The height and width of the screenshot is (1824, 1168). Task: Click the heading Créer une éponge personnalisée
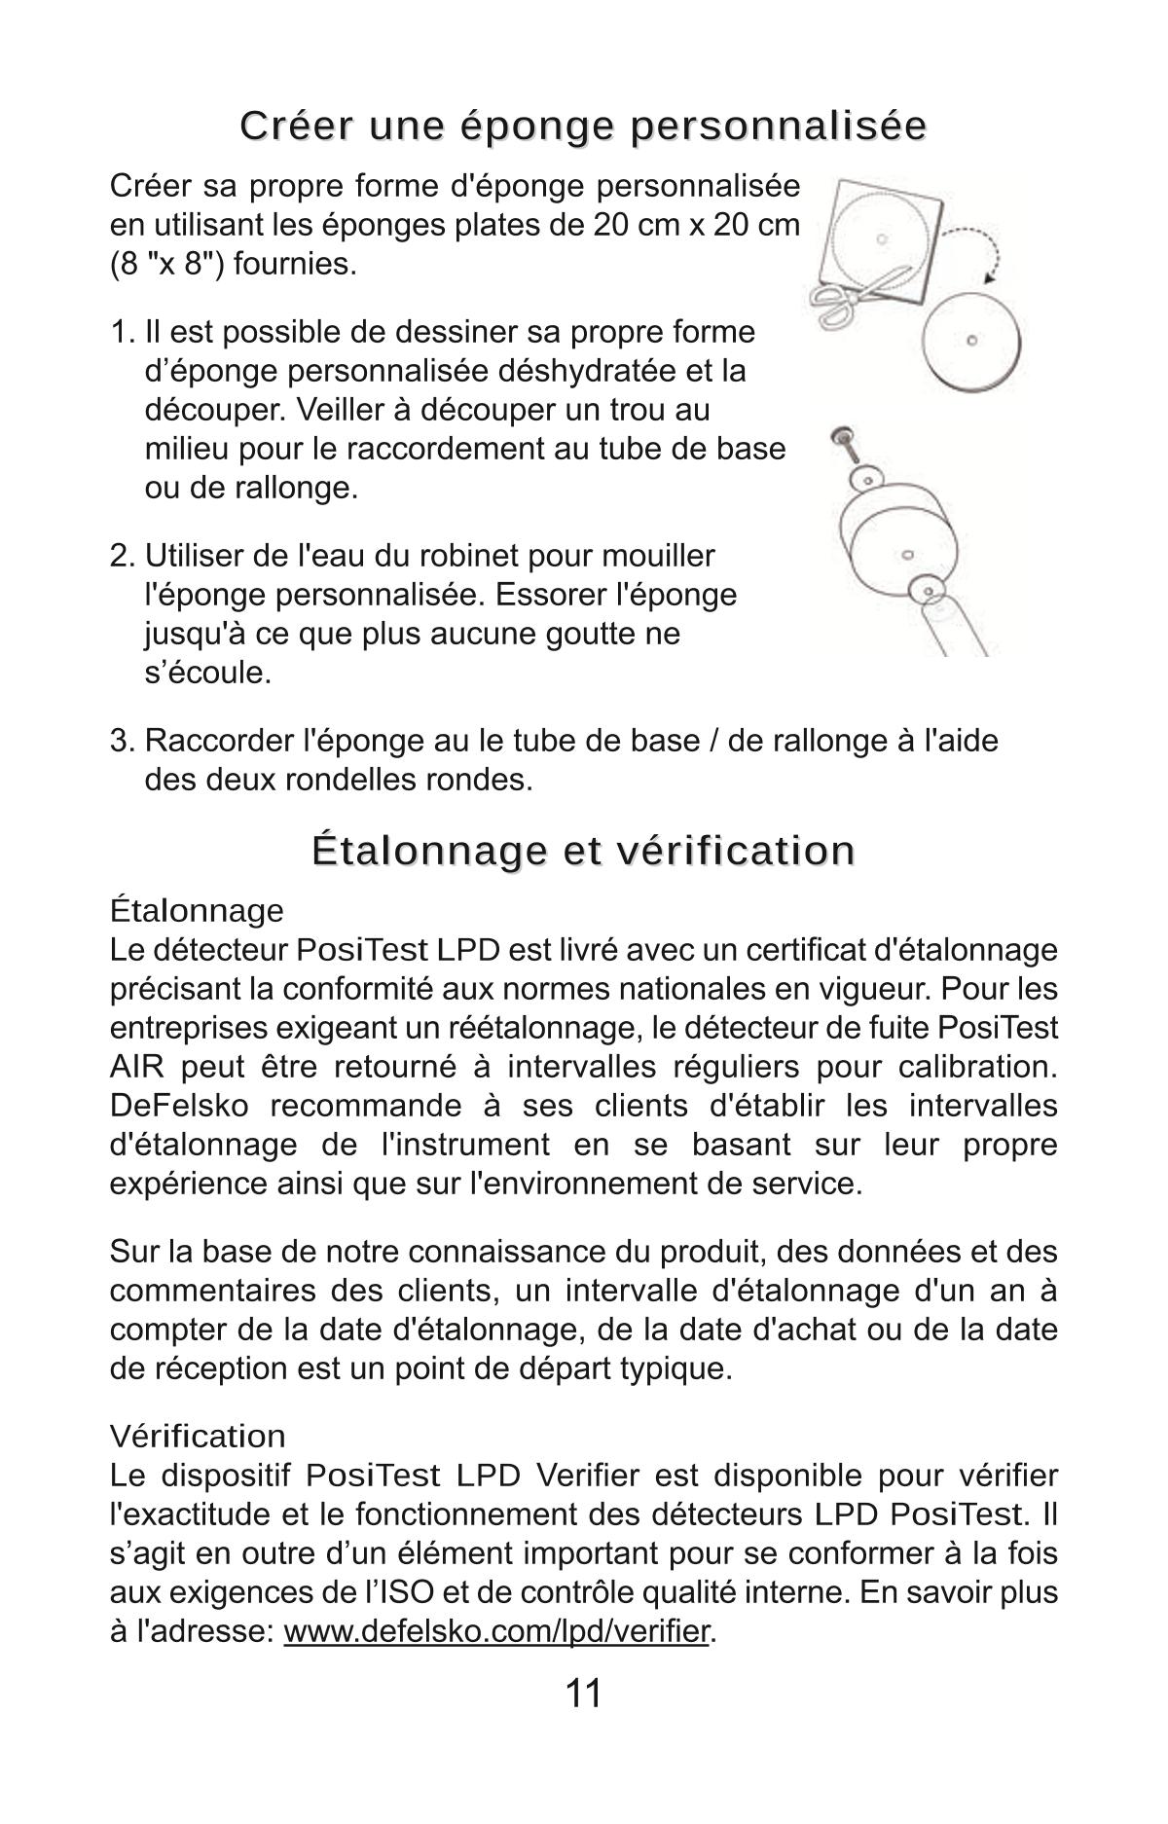(583, 127)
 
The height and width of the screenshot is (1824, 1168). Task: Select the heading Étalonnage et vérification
(583, 849)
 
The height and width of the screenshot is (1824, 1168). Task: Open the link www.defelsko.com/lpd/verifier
(496, 1632)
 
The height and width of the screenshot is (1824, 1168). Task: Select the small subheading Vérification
(198, 1437)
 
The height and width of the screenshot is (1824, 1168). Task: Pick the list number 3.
(121, 741)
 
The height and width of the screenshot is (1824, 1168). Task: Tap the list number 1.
(121, 332)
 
